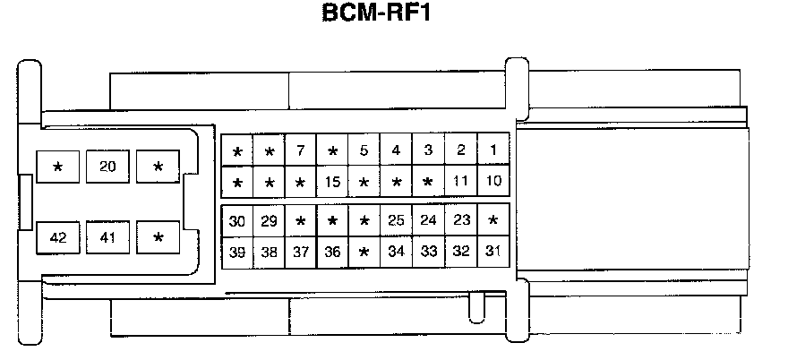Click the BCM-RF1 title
pyautogui.click(x=376, y=15)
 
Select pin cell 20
pyautogui.click(x=107, y=167)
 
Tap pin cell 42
pyautogui.click(x=58, y=237)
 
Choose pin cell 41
pyautogui.click(x=107, y=237)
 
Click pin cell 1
pyautogui.click(x=492, y=150)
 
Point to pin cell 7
pyautogui.click(x=301, y=150)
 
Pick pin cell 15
pyautogui.click(x=332, y=182)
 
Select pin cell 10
pyautogui.click(x=492, y=182)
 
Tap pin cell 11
pyautogui.click(x=460, y=182)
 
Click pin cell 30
pyautogui.click(x=237, y=220)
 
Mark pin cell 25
pyautogui.click(x=397, y=220)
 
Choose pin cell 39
pyautogui.click(x=237, y=252)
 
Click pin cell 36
pyautogui.click(x=332, y=252)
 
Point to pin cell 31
pyautogui.click(x=492, y=252)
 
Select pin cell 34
pyautogui.click(x=397, y=252)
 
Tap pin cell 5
pyautogui.click(x=364, y=150)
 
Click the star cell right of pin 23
pyautogui.click(x=492, y=220)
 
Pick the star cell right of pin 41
pyautogui.click(x=158, y=237)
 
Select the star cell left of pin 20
pyautogui.click(x=58, y=167)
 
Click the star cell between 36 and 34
pyautogui.click(x=364, y=252)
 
